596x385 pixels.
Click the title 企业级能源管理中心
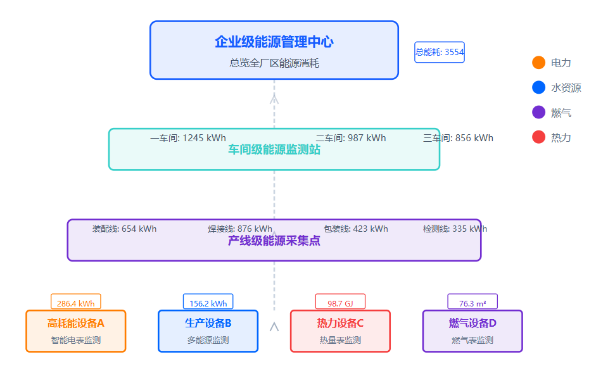click(x=274, y=42)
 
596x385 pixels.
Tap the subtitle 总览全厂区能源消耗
click(x=274, y=63)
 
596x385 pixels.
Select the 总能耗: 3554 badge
click(x=440, y=52)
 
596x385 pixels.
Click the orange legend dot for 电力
click(x=539, y=63)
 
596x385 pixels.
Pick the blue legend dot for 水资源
click(x=539, y=87)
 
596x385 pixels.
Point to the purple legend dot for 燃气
click(x=539, y=112)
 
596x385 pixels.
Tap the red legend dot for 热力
click(x=539, y=137)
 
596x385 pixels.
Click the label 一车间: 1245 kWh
click(x=188, y=138)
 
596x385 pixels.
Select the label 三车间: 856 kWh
click(x=458, y=138)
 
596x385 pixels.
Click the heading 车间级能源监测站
click(x=274, y=150)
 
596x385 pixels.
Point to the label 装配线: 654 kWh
click(x=124, y=229)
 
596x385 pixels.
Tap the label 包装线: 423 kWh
click(x=355, y=229)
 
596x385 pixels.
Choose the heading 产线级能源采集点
click(x=274, y=241)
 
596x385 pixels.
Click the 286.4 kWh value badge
click(x=76, y=303)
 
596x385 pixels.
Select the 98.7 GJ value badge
click(x=341, y=303)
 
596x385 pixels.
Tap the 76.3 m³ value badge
click(x=472, y=303)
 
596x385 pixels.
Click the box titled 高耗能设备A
click(x=76, y=331)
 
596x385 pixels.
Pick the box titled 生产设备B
click(x=208, y=331)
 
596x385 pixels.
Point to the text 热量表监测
click(x=340, y=341)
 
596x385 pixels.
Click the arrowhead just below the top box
click(x=274, y=98)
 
